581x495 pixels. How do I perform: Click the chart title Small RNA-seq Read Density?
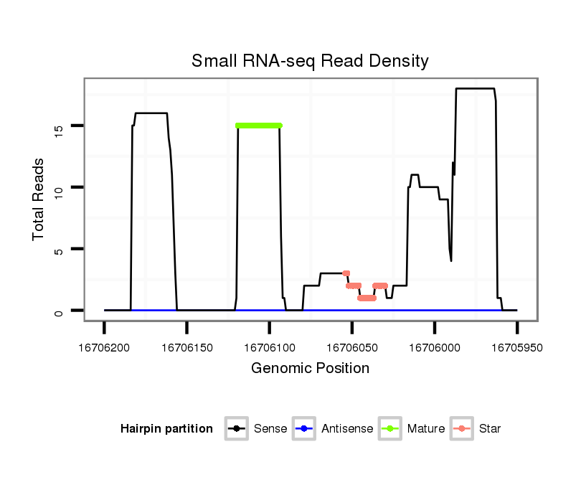point(310,61)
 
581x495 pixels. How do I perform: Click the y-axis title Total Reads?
point(40,199)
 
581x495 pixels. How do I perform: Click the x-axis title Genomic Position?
point(310,369)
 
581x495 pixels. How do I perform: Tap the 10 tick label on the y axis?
point(59,187)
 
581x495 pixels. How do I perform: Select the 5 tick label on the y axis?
point(59,249)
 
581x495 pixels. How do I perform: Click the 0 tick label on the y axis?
point(59,311)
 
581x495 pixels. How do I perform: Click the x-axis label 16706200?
point(105,347)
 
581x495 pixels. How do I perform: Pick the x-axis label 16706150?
point(187,347)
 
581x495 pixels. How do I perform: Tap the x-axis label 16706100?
point(270,347)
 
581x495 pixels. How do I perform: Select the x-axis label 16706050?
point(352,347)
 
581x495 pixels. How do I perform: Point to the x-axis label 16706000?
point(435,347)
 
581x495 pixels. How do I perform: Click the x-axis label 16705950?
point(517,347)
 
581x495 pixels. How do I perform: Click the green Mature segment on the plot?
point(259,126)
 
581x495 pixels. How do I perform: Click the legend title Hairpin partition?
point(167,429)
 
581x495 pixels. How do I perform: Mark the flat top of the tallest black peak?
point(475,89)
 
